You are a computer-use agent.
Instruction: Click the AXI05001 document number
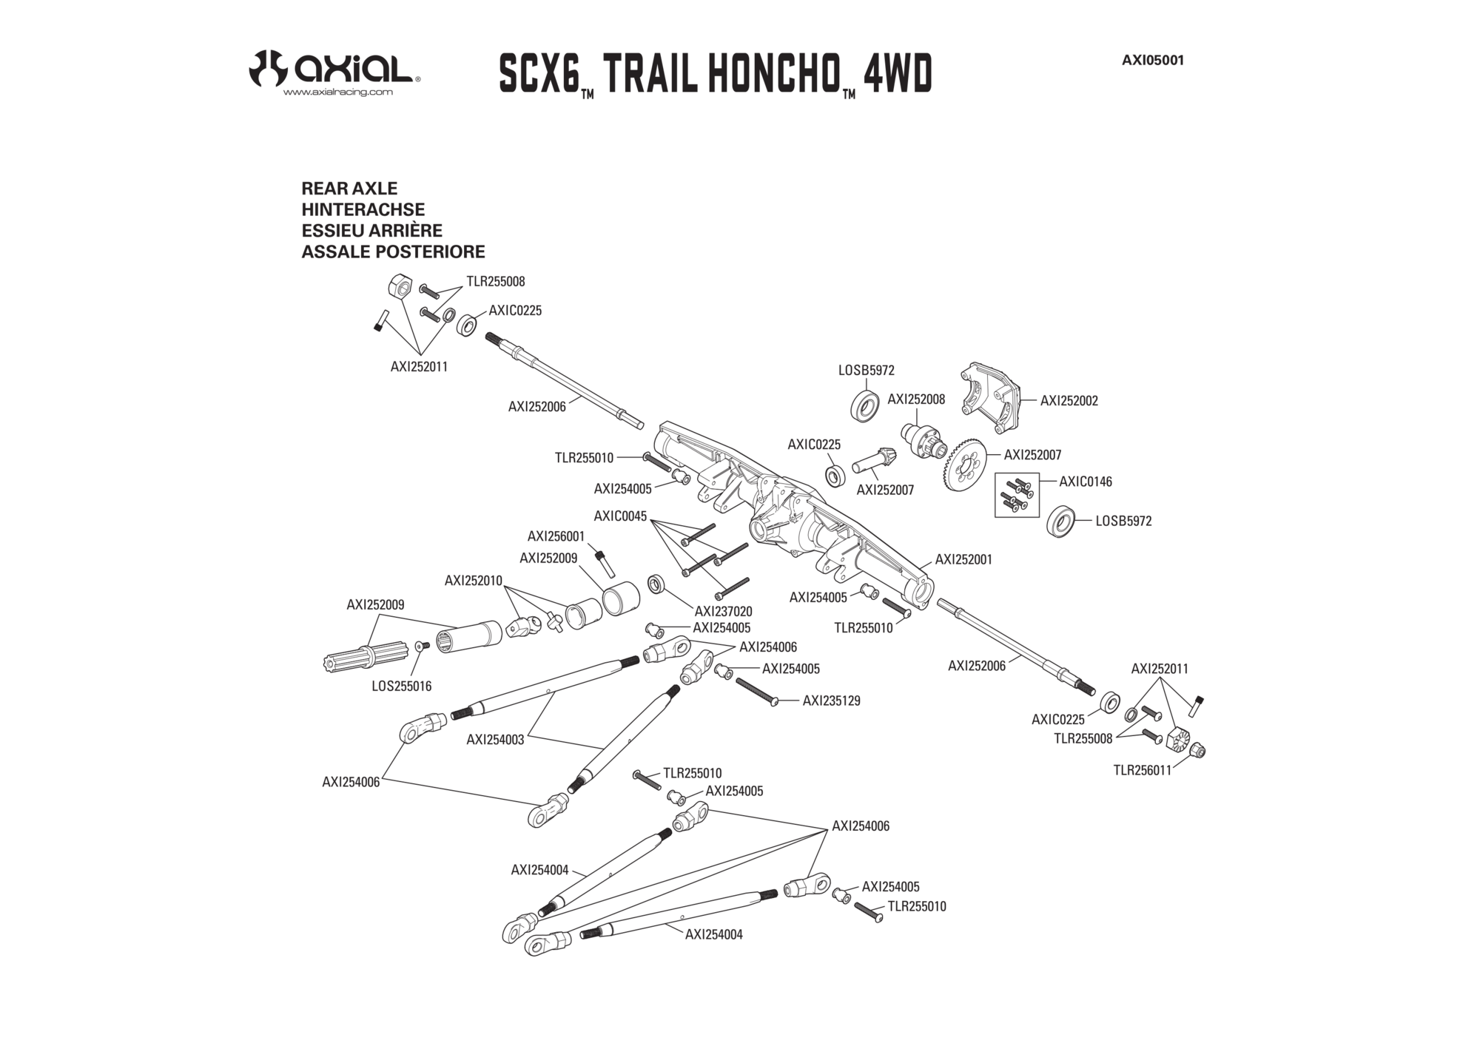[1153, 61]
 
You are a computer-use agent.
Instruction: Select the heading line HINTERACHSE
[363, 209]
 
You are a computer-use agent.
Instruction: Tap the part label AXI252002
[1069, 401]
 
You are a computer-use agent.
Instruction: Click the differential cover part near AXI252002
[992, 399]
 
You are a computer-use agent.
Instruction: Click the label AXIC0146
[1085, 482]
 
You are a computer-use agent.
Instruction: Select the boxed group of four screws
[1017, 495]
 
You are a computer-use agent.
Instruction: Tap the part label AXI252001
[963, 560]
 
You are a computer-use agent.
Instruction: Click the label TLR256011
[1143, 770]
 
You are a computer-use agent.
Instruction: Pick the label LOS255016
[401, 686]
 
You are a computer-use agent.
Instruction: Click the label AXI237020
[723, 612]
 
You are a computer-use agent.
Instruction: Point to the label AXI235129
[832, 701]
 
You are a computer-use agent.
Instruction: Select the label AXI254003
[495, 740]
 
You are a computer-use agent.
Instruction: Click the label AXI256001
[556, 536]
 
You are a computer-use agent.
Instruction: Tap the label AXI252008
[916, 399]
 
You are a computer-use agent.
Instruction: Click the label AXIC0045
[620, 516]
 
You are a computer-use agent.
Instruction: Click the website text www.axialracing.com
[338, 92]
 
